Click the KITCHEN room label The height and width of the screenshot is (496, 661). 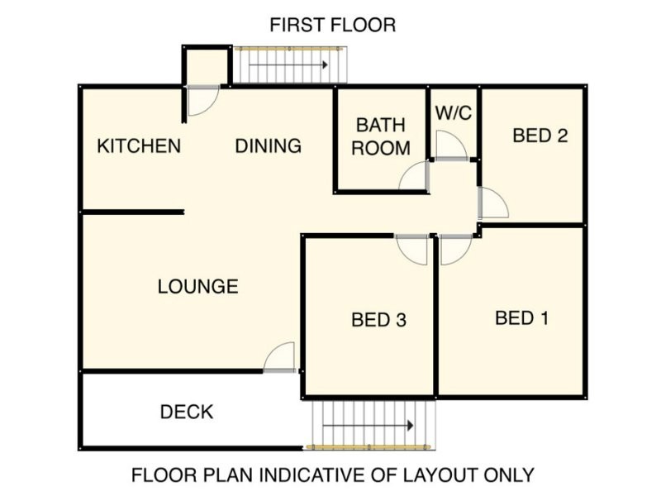pyautogui.click(x=139, y=146)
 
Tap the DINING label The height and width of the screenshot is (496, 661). pyautogui.click(x=268, y=146)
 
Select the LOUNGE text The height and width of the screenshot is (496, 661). pyautogui.click(x=197, y=287)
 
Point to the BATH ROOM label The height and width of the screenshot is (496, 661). pyautogui.click(x=381, y=136)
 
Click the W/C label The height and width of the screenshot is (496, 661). pyautogui.click(x=453, y=112)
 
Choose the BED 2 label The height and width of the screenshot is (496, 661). pyautogui.click(x=540, y=136)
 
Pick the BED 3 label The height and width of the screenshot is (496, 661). pyautogui.click(x=378, y=320)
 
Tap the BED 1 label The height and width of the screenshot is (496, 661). pyautogui.click(x=522, y=318)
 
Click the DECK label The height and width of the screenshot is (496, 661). pyautogui.click(x=187, y=412)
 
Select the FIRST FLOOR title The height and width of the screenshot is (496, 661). pyautogui.click(x=333, y=25)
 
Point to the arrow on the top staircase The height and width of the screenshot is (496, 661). pyautogui.click(x=288, y=65)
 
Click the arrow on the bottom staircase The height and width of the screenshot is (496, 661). pyautogui.click(x=368, y=426)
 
